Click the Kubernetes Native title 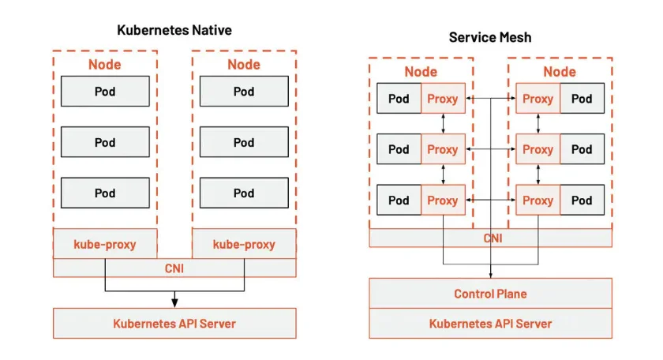pyautogui.click(x=174, y=30)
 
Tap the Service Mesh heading pyautogui.click(x=490, y=36)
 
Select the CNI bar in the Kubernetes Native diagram pyautogui.click(x=174, y=268)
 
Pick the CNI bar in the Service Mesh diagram pyautogui.click(x=490, y=238)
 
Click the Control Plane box pyautogui.click(x=490, y=294)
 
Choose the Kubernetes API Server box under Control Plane pyautogui.click(x=490, y=324)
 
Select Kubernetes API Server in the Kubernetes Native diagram pyautogui.click(x=174, y=323)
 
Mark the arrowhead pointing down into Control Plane pyautogui.click(x=491, y=274)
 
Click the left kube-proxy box pyautogui.click(x=105, y=244)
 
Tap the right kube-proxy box pyautogui.click(x=244, y=244)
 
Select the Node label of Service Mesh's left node pyautogui.click(x=421, y=72)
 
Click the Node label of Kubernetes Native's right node pyautogui.click(x=244, y=65)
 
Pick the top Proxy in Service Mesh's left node pyautogui.click(x=443, y=99)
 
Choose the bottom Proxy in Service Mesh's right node pyautogui.click(x=538, y=200)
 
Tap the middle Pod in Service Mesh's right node pyautogui.click(x=582, y=149)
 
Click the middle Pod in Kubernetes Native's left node pyautogui.click(x=105, y=142)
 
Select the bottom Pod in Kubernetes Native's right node pyautogui.click(x=244, y=193)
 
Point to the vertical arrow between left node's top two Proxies pyautogui.click(x=443, y=124)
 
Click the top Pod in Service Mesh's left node pyautogui.click(x=399, y=99)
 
